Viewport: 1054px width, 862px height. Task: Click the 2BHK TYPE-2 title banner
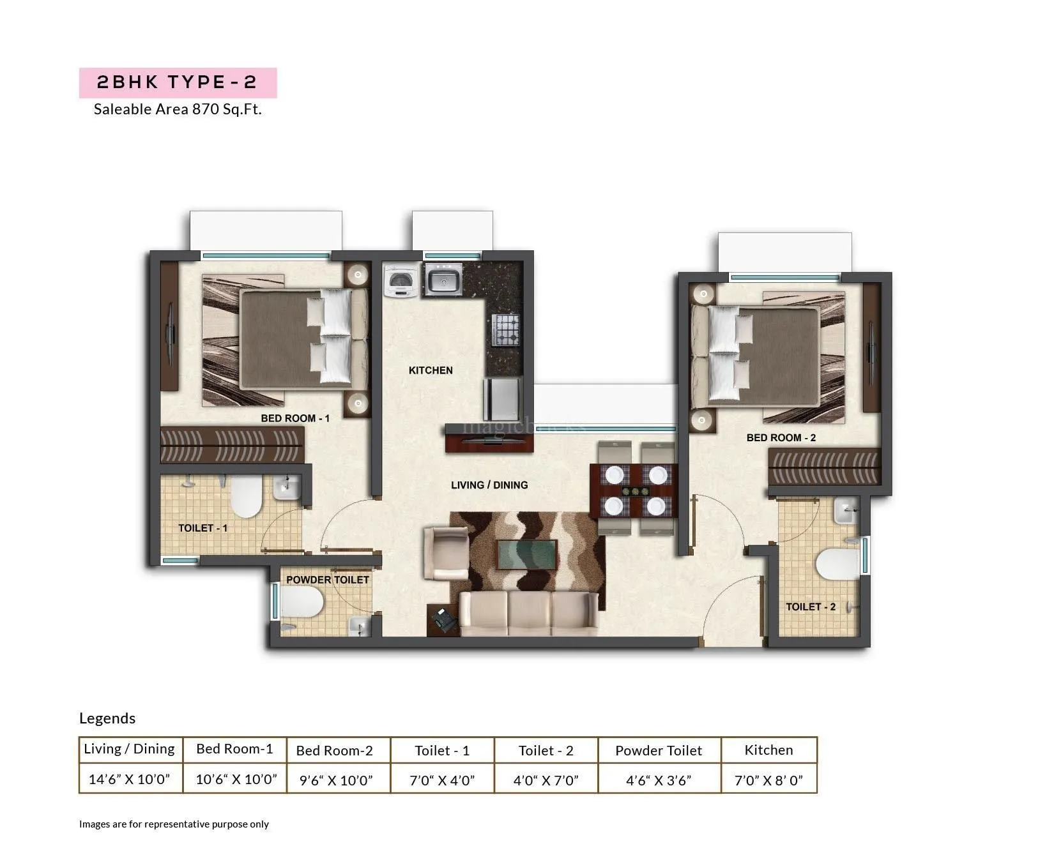pos(178,82)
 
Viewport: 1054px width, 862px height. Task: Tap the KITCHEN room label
pos(431,370)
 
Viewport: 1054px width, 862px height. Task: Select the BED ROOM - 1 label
pos(295,418)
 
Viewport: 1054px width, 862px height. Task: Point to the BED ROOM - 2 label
pos(781,437)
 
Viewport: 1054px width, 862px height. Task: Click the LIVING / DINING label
pos(489,485)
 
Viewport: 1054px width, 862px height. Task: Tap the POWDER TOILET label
pos(328,580)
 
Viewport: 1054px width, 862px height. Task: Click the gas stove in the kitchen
pos(506,329)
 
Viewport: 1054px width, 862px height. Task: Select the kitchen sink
pos(442,280)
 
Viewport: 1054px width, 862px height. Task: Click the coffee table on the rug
pos(526,554)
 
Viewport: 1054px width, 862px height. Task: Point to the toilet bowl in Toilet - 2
pos(836,564)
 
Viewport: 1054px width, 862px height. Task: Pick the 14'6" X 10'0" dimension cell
pos(130,779)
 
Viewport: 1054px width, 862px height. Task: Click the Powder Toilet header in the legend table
pos(659,751)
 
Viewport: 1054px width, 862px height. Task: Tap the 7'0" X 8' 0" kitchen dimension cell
pos(768,780)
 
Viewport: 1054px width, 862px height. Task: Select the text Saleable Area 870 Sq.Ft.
pos(178,109)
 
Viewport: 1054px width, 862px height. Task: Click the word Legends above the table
pos(107,718)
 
